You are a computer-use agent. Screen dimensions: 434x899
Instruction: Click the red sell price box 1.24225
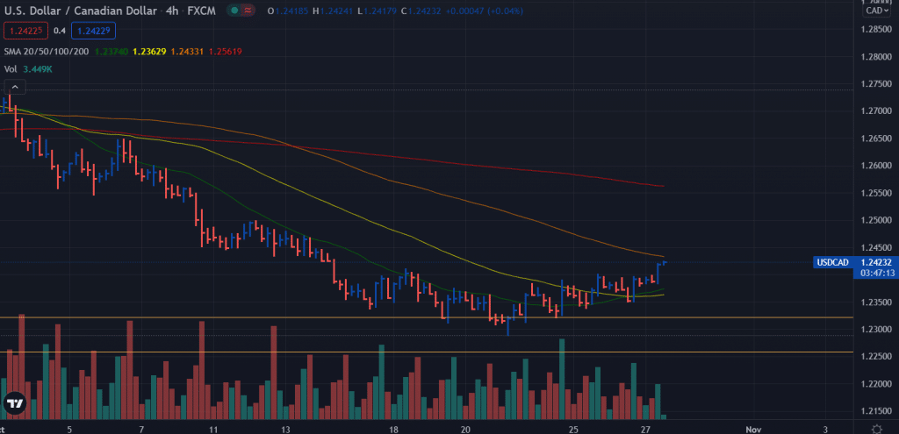(x=25, y=30)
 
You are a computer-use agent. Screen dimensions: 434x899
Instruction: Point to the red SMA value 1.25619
(x=226, y=51)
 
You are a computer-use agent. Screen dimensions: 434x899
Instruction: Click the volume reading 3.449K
(x=39, y=68)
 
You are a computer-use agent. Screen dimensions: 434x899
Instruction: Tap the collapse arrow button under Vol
(x=15, y=87)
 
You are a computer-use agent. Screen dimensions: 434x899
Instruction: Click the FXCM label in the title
(x=201, y=11)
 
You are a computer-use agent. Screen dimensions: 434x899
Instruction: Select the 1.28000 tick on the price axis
(x=875, y=57)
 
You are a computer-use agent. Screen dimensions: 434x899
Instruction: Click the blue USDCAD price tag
(x=831, y=262)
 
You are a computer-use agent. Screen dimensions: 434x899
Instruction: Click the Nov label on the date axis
(x=753, y=430)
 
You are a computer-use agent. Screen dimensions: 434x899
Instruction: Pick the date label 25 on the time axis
(x=572, y=430)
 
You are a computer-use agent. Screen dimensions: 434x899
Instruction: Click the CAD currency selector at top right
(x=874, y=11)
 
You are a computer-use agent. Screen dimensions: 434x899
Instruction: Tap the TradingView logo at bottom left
(x=14, y=404)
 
